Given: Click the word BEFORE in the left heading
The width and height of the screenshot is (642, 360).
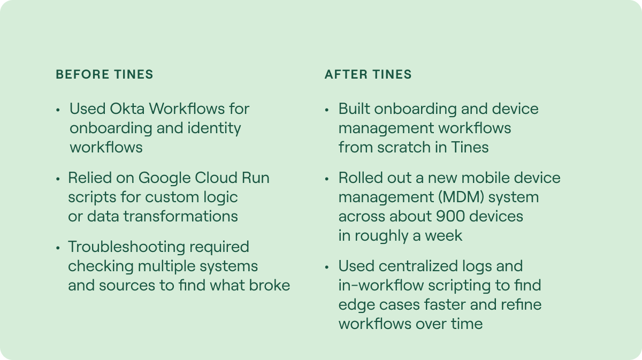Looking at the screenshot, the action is pyautogui.click(x=82, y=74).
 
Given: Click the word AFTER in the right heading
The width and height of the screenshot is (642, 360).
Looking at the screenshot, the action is pyautogui.click(x=346, y=74).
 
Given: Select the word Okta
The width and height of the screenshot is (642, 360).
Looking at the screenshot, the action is pyautogui.click(x=127, y=109).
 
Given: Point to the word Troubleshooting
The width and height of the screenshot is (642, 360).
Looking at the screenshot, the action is pyautogui.click(x=127, y=247).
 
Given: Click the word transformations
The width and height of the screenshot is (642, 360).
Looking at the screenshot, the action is pyautogui.click(x=181, y=217).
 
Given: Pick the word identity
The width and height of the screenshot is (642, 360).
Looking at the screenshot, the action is pyautogui.click(x=214, y=128).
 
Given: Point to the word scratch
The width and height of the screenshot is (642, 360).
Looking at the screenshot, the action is pyautogui.click(x=404, y=147).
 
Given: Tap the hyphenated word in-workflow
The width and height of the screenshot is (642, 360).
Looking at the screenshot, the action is pyautogui.click(x=381, y=286).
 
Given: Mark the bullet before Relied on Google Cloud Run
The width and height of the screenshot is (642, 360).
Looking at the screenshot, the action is pyautogui.click(x=58, y=179).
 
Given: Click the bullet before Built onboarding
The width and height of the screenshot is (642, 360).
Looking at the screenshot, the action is pyautogui.click(x=327, y=110).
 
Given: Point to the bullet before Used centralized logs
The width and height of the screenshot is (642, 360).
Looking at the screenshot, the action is pyautogui.click(x=327, y=267).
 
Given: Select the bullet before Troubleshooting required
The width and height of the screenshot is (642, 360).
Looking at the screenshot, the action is pyautogui.click(x=58, y=248).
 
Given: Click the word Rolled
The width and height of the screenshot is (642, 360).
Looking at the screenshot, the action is pyautogui.click(x=361, y=178).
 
